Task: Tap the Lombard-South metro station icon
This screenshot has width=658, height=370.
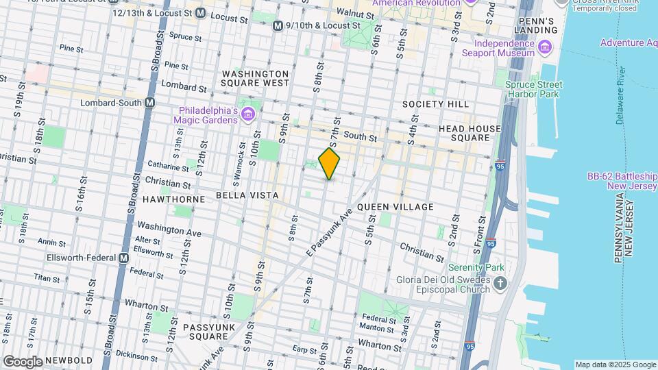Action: pyautogui.click(x=150, y=103)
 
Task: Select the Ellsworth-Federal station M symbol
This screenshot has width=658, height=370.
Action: pyautogui.click(x=123, y=258)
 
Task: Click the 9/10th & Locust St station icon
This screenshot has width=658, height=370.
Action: pyautogui.click(x=278, y=25)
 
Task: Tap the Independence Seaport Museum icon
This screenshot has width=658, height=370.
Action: pyautogui.click(x=545, y=47)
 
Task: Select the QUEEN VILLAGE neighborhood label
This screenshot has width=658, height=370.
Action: pyautogui.click(x=395, y=207)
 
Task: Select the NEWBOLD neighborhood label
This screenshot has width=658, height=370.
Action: pyautogui.click(x=69, y=360)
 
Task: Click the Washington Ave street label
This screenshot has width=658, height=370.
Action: pyautogui.click(x=169, y=228)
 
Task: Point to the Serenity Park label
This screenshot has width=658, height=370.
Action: pyautogui.click(x=476, y=267)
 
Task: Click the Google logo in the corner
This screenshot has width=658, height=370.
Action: pyautogui.click(x=22, y=362)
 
